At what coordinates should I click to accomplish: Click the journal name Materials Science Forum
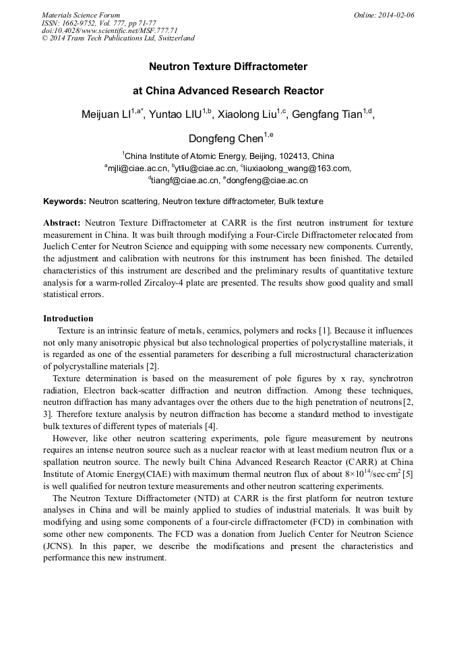[81, 15]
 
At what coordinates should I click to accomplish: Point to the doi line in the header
[109, 30]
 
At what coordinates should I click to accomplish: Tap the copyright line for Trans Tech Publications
[118, 38]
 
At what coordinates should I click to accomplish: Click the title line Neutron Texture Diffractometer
[228, 67]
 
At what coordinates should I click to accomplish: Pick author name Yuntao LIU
[176, 115]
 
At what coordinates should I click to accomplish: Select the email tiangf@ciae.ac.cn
[186, 181]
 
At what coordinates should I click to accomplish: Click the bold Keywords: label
[65, 201]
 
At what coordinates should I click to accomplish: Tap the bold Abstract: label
[62, 223]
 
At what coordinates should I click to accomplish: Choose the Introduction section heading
[68, 319]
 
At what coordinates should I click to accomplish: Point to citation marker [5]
[407, 474]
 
